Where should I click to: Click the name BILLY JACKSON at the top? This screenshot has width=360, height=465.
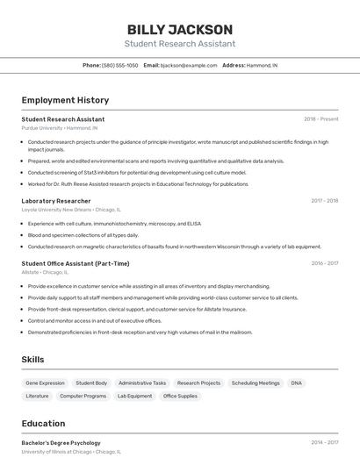[x=179, y=29]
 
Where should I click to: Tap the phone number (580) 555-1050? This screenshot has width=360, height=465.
[x=120, y=65]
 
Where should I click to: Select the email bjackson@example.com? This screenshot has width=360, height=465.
[x=189, y=65]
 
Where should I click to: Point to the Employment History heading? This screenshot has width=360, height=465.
[x=65, y=100]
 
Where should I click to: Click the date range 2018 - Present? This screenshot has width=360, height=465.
[x=320, y=118]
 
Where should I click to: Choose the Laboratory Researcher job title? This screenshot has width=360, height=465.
[x=56, y=201]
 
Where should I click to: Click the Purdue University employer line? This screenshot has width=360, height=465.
[x=54, y=128]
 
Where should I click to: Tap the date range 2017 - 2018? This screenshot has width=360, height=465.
[x=324, y=201]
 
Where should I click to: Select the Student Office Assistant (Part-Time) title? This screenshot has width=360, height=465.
[x=76, y=263]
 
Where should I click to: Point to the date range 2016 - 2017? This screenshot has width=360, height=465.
[x=324, y=263]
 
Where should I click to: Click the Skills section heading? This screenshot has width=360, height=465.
[x=32, y=360]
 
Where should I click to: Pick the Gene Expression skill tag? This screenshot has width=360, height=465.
[x=45, y=383]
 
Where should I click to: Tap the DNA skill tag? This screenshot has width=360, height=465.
[x=297, y=383]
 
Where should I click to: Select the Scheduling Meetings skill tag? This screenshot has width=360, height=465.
[x=256, y=383]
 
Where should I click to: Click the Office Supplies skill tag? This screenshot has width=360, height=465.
[x=180, y=397]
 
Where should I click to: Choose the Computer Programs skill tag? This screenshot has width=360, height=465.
[x=83, y=397]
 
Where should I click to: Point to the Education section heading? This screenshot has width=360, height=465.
[x=43, y=423]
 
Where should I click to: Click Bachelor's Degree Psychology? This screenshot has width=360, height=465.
[x=61, y=443]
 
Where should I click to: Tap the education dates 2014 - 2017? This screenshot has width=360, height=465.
[x=324, y=443]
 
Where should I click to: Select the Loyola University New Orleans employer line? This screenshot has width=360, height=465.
[x=71, y=211]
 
